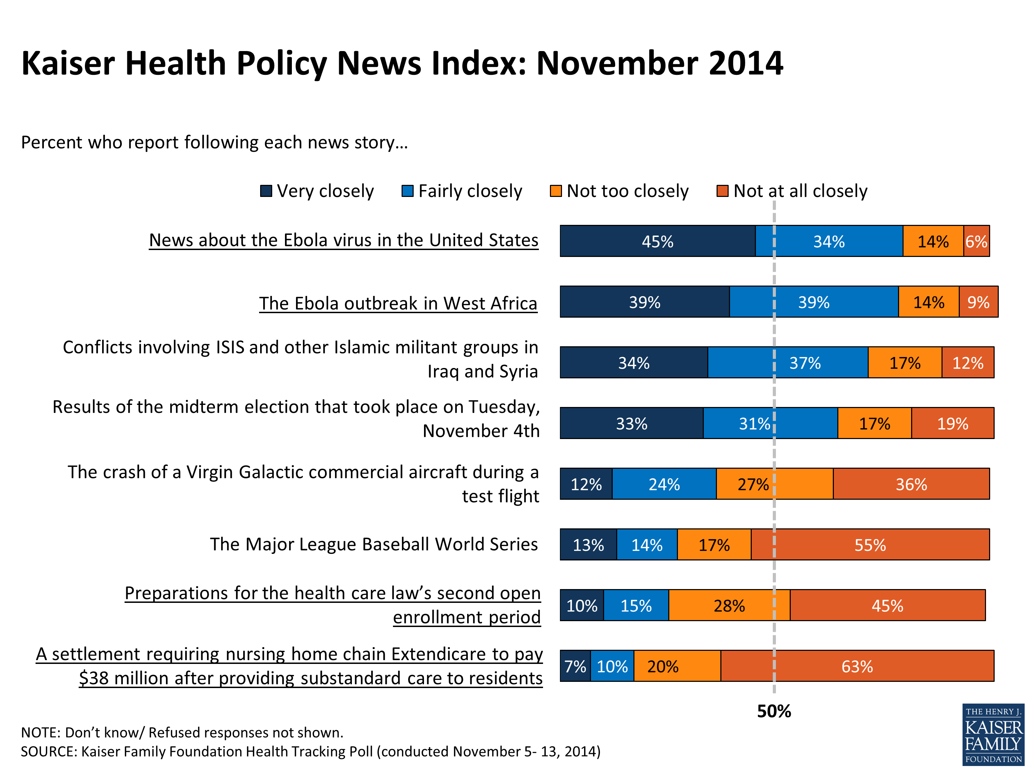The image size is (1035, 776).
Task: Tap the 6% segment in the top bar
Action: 976,241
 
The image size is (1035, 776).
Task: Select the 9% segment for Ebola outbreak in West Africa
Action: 978,302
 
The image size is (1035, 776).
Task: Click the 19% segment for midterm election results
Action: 952,423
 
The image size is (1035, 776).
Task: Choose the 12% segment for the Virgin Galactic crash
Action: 586,484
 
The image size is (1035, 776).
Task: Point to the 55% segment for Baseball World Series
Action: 870,545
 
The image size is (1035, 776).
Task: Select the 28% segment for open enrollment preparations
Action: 729,606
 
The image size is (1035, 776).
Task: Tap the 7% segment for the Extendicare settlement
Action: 575,666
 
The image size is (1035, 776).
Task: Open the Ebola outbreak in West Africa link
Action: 398,304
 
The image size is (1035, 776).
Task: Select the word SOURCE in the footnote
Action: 48,752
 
